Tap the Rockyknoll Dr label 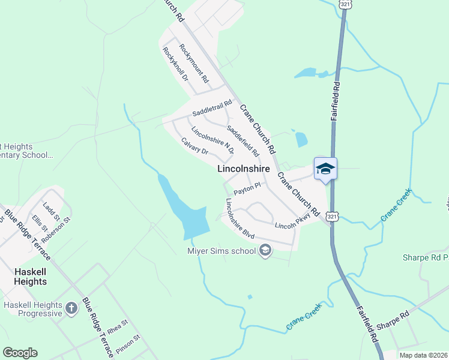(175, 64)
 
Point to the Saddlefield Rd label (243, 140)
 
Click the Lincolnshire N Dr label (212, 140)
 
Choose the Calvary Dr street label (194, 146)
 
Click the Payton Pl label (247, 188)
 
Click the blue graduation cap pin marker (325, 169)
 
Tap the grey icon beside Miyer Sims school (264, 251)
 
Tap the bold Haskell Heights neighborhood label (30, 277)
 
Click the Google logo (20, 352)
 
